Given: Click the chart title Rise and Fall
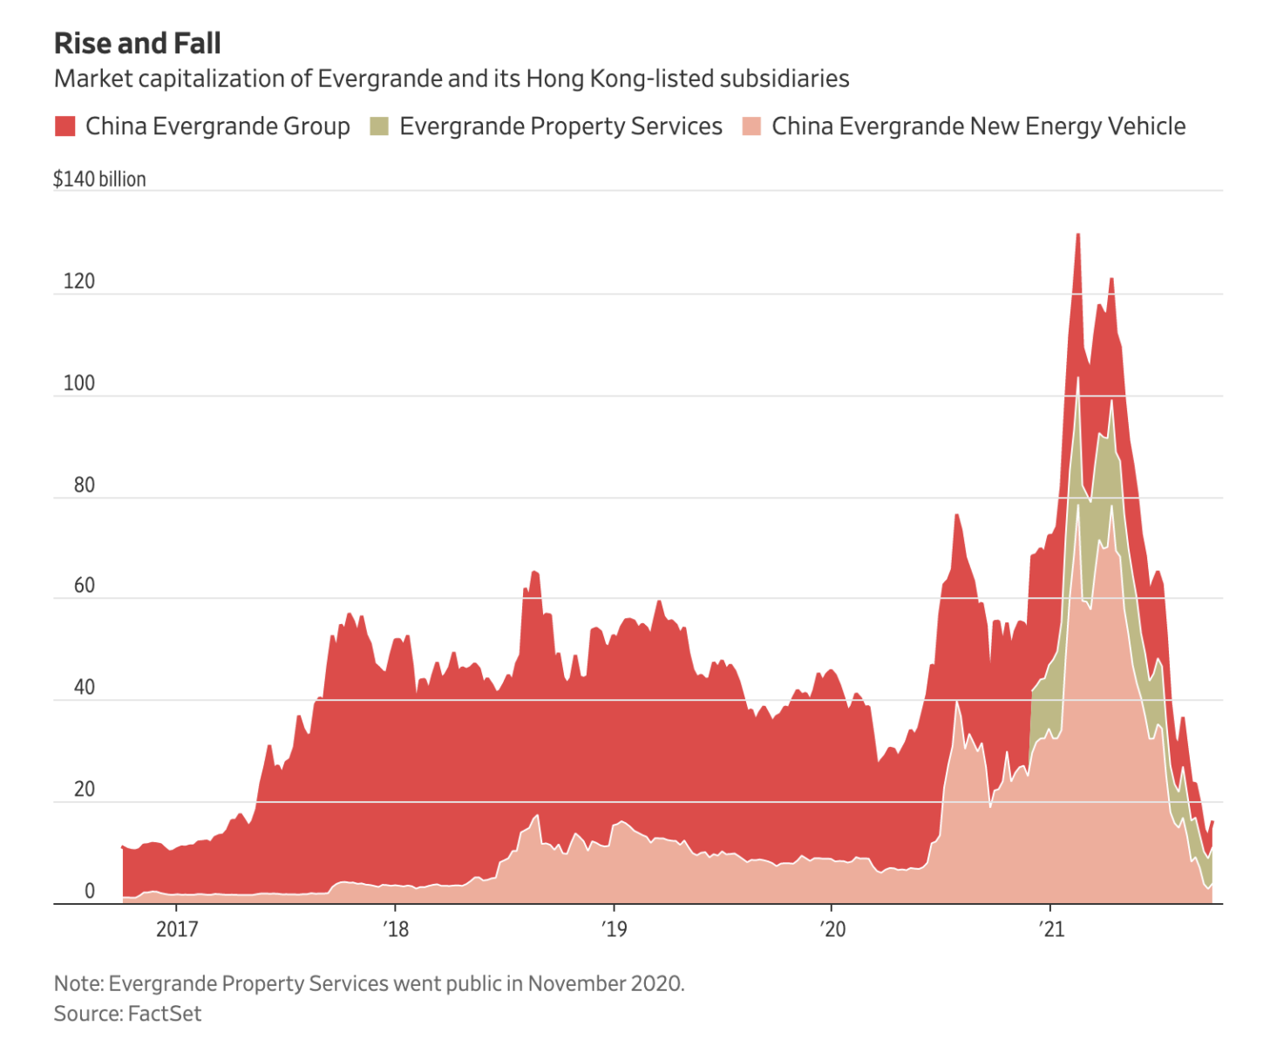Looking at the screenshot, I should [138, 44].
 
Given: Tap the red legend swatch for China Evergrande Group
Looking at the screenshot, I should [65, 126].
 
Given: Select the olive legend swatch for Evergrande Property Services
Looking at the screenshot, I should [379, 126].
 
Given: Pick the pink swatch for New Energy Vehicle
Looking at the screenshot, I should [751, 126].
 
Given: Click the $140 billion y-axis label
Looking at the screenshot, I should [99, 180].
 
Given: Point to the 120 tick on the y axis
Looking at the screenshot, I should [78, 282].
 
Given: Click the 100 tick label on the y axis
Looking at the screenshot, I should [78, 384].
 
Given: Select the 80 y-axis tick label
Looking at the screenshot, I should [84, 486].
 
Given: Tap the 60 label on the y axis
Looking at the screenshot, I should [84, 586].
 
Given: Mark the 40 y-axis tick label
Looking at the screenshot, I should [84, 688].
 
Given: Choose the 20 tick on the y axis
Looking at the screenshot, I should [84, 790].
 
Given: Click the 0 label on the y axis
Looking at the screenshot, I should [89, 891].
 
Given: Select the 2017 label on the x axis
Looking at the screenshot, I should [177, 929].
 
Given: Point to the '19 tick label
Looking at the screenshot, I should [614, 929].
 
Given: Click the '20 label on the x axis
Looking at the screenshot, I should [832, 929].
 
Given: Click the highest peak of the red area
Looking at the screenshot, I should [1078, 235].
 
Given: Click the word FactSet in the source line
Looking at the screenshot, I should [165, 1014].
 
